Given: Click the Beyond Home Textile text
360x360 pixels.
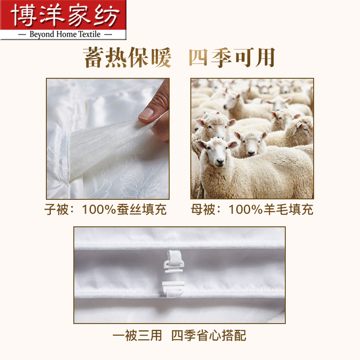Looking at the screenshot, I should click(x=63, y=34).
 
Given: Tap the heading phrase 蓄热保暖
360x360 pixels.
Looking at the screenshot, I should click(x=128, y=58).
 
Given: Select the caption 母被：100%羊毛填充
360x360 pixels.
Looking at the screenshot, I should click(x=252, y=210).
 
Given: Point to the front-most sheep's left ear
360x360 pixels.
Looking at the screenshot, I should click(x=202, y=144).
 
